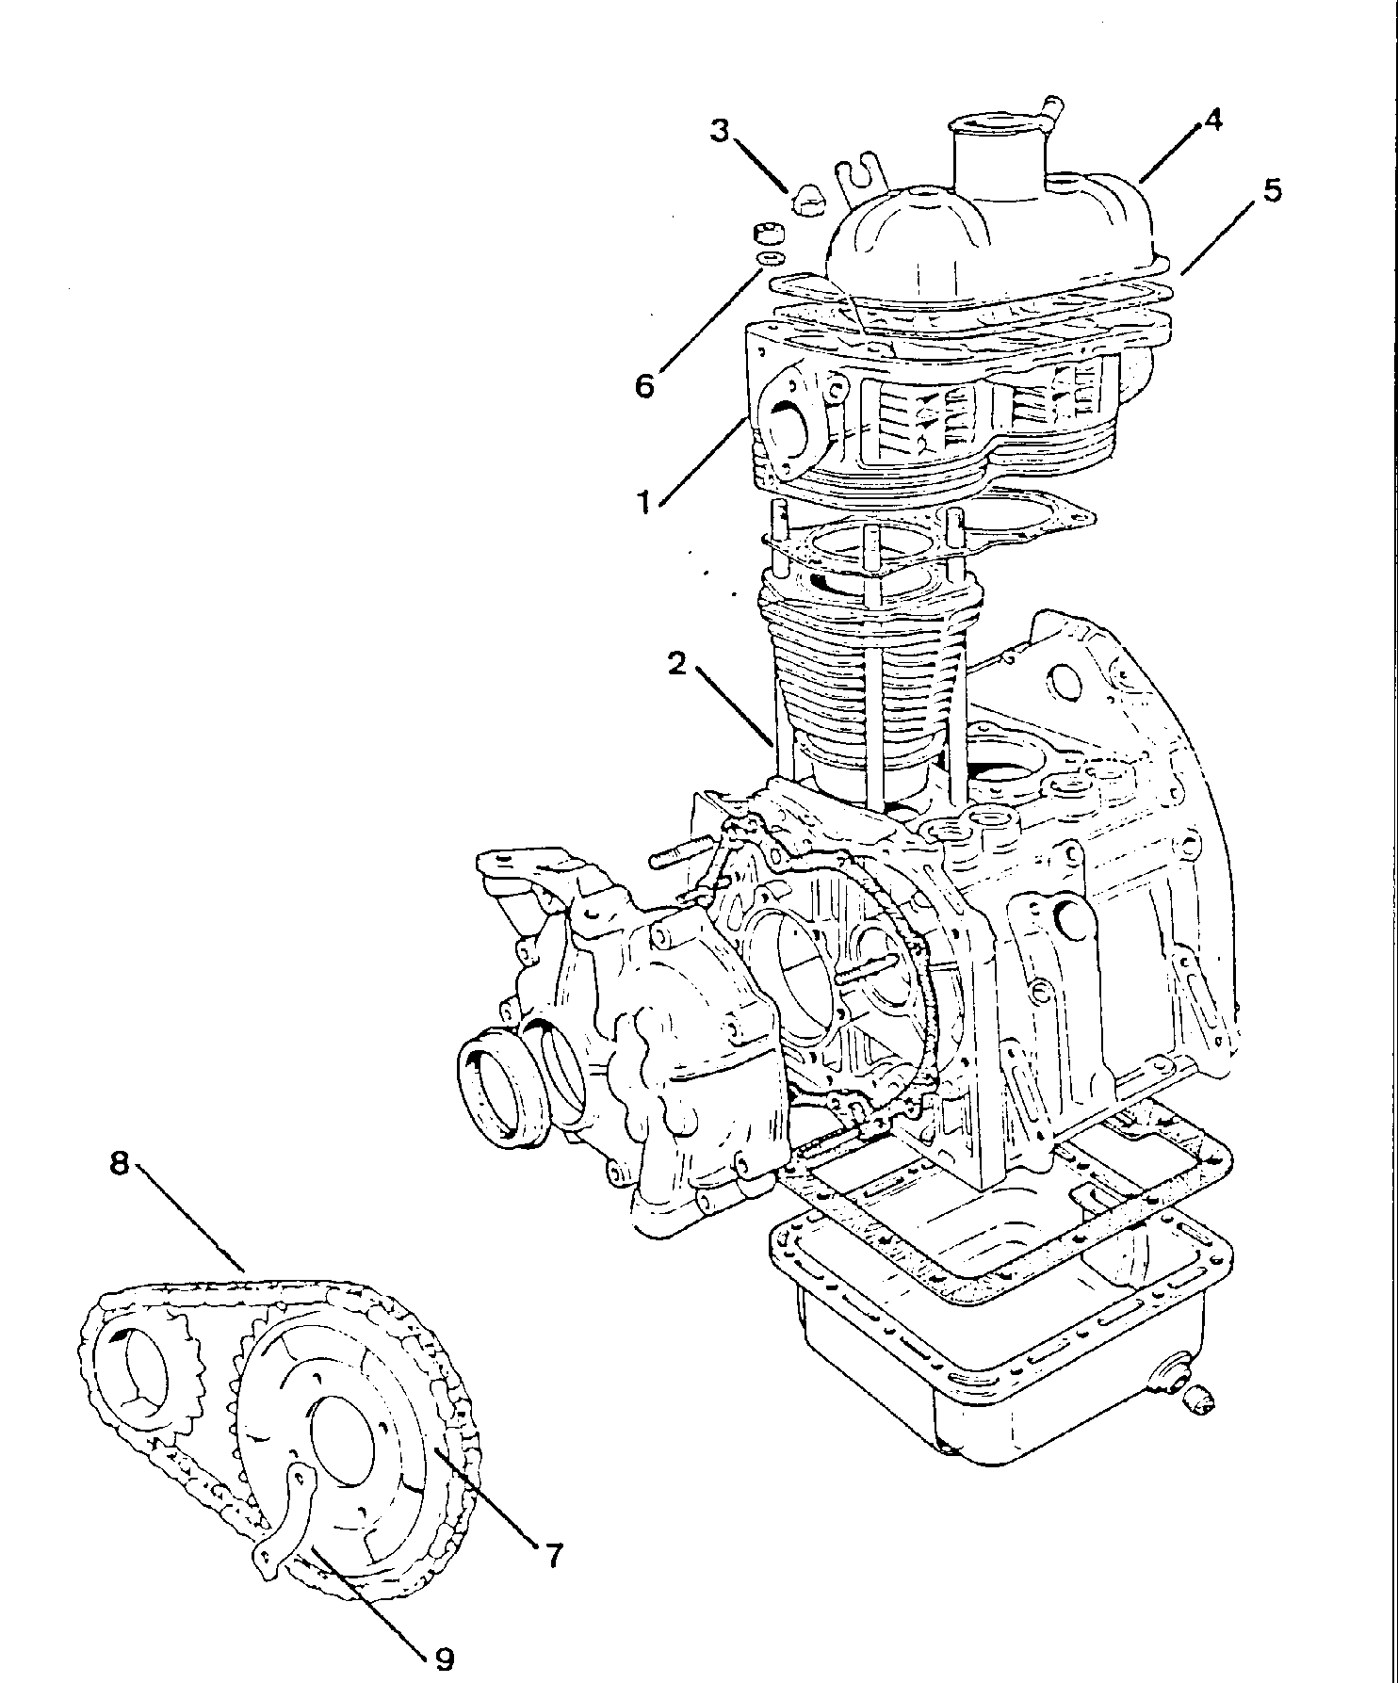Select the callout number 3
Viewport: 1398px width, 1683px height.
(721, 130)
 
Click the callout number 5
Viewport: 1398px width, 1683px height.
(1271, 190)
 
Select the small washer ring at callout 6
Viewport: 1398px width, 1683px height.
(770, 256)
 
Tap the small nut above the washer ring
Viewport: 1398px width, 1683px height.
(768, 232)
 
